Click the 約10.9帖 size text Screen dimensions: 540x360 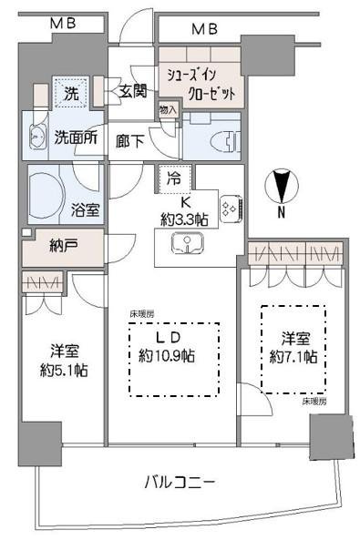(170, 356)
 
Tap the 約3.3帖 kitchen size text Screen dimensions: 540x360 (185, 219)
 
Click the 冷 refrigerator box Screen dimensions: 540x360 (173, 179)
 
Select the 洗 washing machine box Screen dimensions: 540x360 (69, 93)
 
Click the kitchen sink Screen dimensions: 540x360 (185, 243)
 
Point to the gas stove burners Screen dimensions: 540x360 (230, 209)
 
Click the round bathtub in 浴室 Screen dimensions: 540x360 (47, 193)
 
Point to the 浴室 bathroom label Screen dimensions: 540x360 (86, 209)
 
